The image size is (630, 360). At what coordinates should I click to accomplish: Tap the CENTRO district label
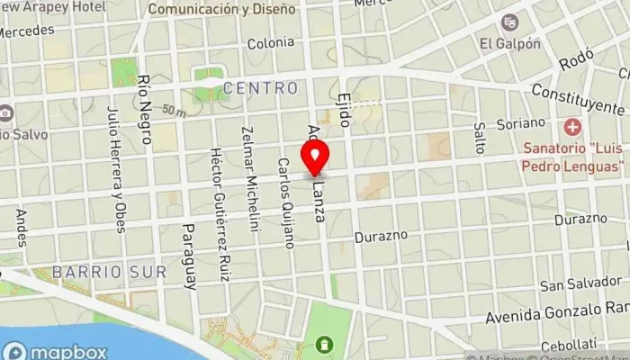coord(260,88)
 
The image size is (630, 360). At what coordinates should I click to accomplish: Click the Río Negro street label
coord(144,99)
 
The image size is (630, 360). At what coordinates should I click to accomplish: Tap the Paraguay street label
coord(189,256)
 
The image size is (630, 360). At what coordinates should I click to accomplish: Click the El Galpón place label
coord(510,42)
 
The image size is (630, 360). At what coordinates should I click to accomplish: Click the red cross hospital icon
coord(570,127)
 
